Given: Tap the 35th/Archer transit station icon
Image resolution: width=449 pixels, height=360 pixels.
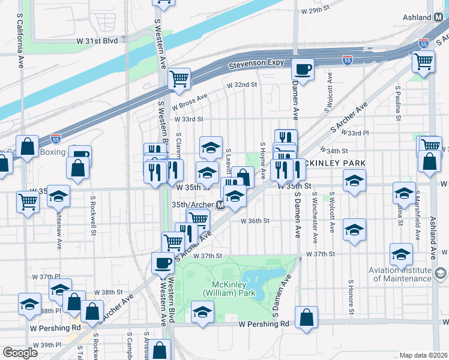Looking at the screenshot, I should pos(220,205).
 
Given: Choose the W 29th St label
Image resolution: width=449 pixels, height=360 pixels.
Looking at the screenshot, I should pos(316,11).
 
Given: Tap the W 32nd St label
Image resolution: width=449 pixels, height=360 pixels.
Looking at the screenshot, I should pos(241,85).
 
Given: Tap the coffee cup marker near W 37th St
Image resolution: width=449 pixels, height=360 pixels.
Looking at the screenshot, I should pos(162,262).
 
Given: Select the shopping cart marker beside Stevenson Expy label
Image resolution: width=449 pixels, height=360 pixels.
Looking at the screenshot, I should pos(179,78).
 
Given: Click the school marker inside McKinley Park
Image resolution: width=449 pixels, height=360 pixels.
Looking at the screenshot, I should pos(202,312).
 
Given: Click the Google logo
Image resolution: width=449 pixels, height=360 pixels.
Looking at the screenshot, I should pos(20,353).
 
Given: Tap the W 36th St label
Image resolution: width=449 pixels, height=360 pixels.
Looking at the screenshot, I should pos(255,221).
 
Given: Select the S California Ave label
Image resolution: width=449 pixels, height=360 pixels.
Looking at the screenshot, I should pos(20,35).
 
